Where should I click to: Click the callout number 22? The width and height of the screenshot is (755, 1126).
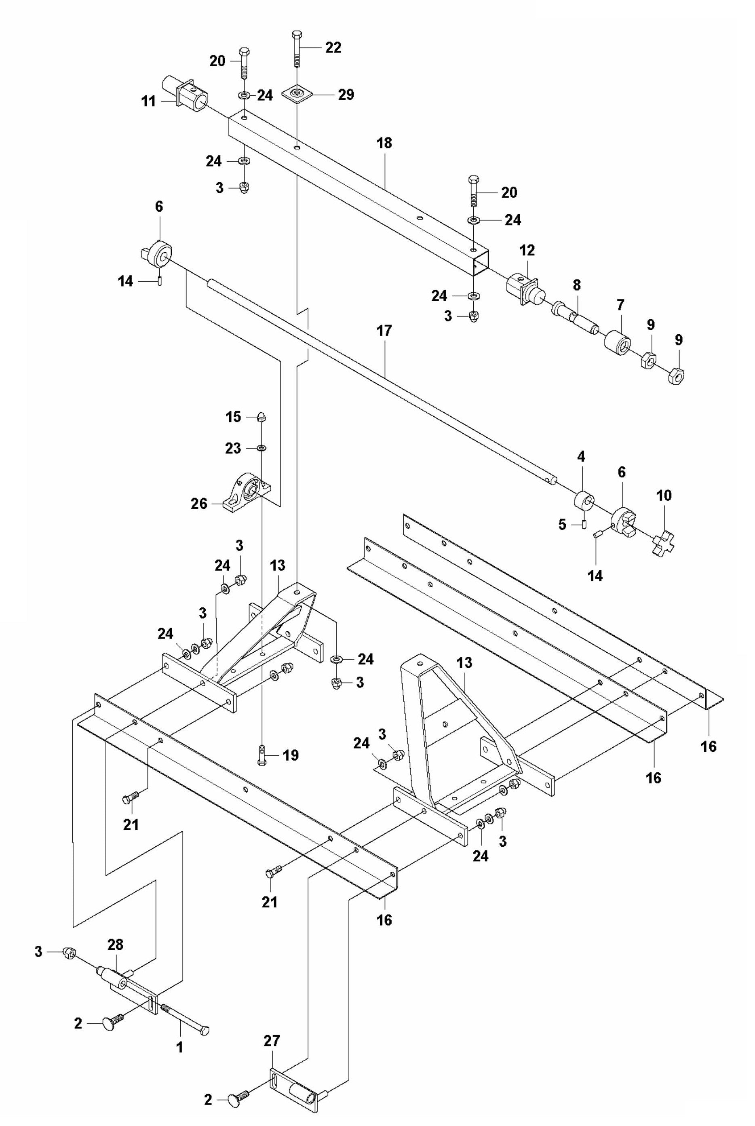click(x=333, y=48)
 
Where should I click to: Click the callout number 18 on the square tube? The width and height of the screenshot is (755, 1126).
click(x=385, y=143)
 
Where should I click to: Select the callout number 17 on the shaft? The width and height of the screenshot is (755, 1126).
click(x=385, y=331)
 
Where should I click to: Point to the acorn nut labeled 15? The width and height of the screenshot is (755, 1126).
click(x=262, y=417)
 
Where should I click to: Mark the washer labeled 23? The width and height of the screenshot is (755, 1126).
click(x=262, y=448)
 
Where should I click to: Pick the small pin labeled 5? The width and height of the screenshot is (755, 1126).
click(x=584, y=524)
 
